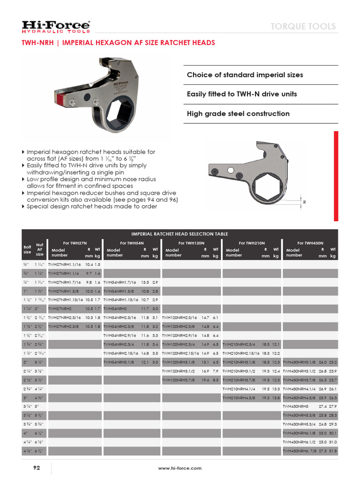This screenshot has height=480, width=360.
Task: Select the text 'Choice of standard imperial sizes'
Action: point(245,75)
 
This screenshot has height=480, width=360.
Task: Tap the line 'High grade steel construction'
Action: point(238,113)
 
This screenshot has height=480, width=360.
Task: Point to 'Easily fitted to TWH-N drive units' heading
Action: point(242,94)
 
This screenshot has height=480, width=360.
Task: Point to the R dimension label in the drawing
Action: point(304,202)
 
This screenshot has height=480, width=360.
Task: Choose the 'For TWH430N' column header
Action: point(310,243)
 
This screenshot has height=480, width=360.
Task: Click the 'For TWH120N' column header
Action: point(191,243)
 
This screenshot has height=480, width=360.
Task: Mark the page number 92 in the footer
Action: point(37,468)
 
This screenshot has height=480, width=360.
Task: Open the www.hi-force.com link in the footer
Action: point(180,468)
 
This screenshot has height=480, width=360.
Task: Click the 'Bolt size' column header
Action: point(27,249)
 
